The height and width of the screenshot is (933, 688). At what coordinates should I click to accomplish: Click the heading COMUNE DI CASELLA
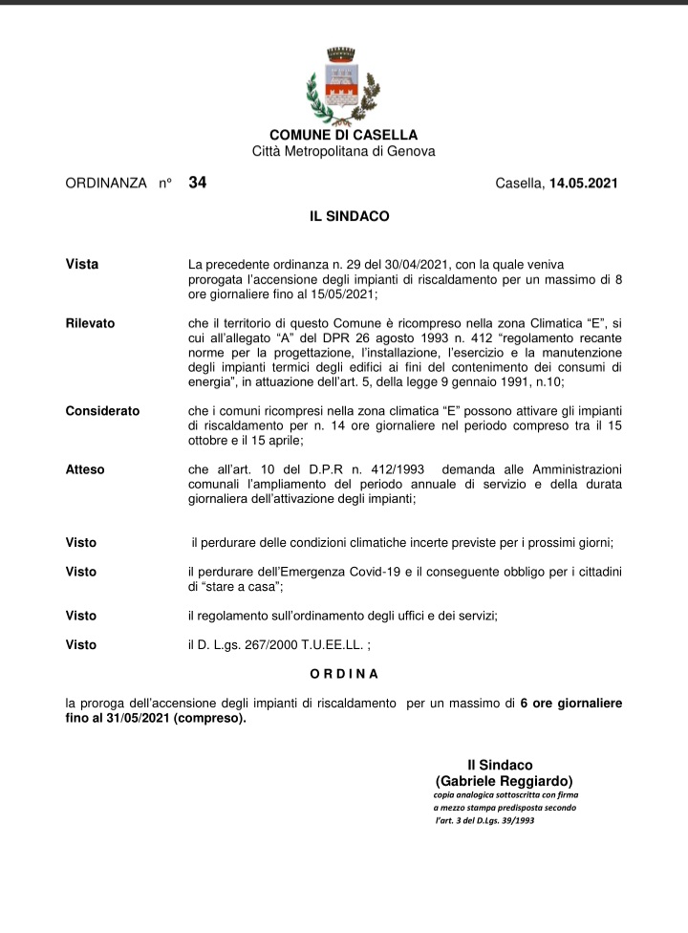point(343,136)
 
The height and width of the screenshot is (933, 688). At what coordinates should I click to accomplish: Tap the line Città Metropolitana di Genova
point(343,151)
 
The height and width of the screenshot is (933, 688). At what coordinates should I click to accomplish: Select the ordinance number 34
point(198,182)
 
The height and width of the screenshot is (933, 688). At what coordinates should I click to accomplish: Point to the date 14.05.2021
point(584,183)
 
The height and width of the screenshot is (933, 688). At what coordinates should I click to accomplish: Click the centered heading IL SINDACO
point(349,217)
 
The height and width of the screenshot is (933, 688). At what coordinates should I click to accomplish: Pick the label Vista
point(81,264)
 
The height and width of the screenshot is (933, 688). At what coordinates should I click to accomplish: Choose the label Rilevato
point(90,323)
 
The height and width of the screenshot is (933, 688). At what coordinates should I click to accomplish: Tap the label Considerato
point(102,411)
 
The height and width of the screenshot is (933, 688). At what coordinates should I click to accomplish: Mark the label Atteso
point(85,469)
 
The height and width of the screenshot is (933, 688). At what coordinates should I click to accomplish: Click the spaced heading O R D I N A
point(344,675)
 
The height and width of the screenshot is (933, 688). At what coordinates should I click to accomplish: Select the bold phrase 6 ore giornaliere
point(570,704)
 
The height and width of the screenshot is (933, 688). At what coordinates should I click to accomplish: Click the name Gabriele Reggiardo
point(504,780)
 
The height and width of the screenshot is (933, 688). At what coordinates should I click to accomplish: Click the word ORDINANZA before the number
point(105,183)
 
